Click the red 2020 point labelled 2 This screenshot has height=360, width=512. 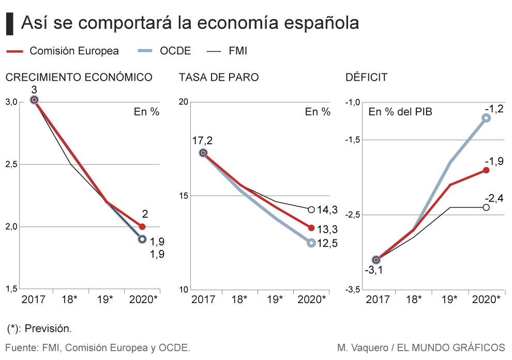point(142,227)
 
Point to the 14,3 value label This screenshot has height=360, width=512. point(327,209)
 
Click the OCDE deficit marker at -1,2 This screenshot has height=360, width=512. point(486,118)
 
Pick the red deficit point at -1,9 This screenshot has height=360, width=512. point(486,170)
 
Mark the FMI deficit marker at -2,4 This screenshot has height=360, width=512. point(486,207)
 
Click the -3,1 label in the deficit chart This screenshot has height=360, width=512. point(373,271)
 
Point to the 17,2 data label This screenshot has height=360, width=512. point(202,140)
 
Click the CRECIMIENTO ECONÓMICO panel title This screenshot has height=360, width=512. point(79,78)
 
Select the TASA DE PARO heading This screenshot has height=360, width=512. point(219,78)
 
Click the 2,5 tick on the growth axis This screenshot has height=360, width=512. point(11,164)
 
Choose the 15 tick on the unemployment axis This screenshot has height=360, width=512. point(183,196)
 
